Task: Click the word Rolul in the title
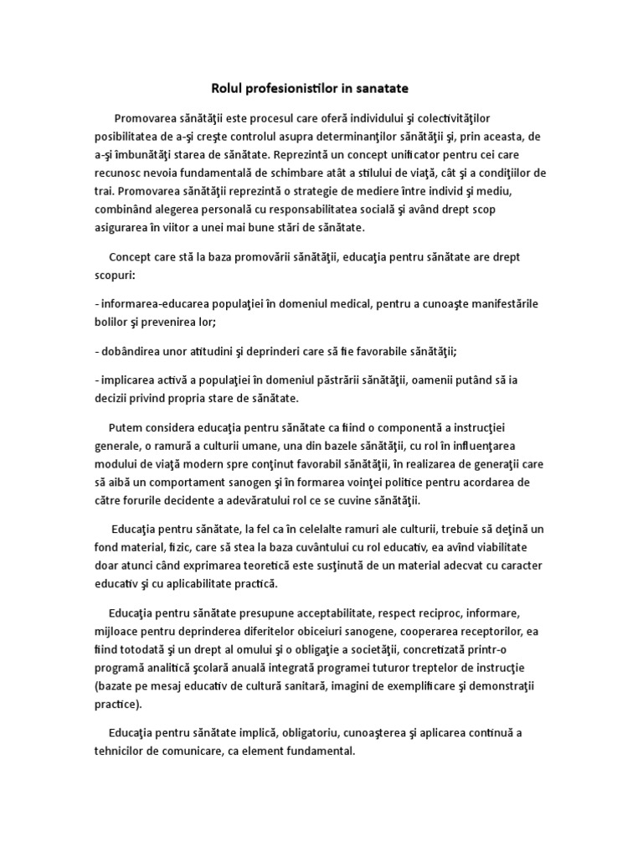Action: click(x=224, y=86)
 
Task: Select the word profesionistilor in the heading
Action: click(x=296, y=86)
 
